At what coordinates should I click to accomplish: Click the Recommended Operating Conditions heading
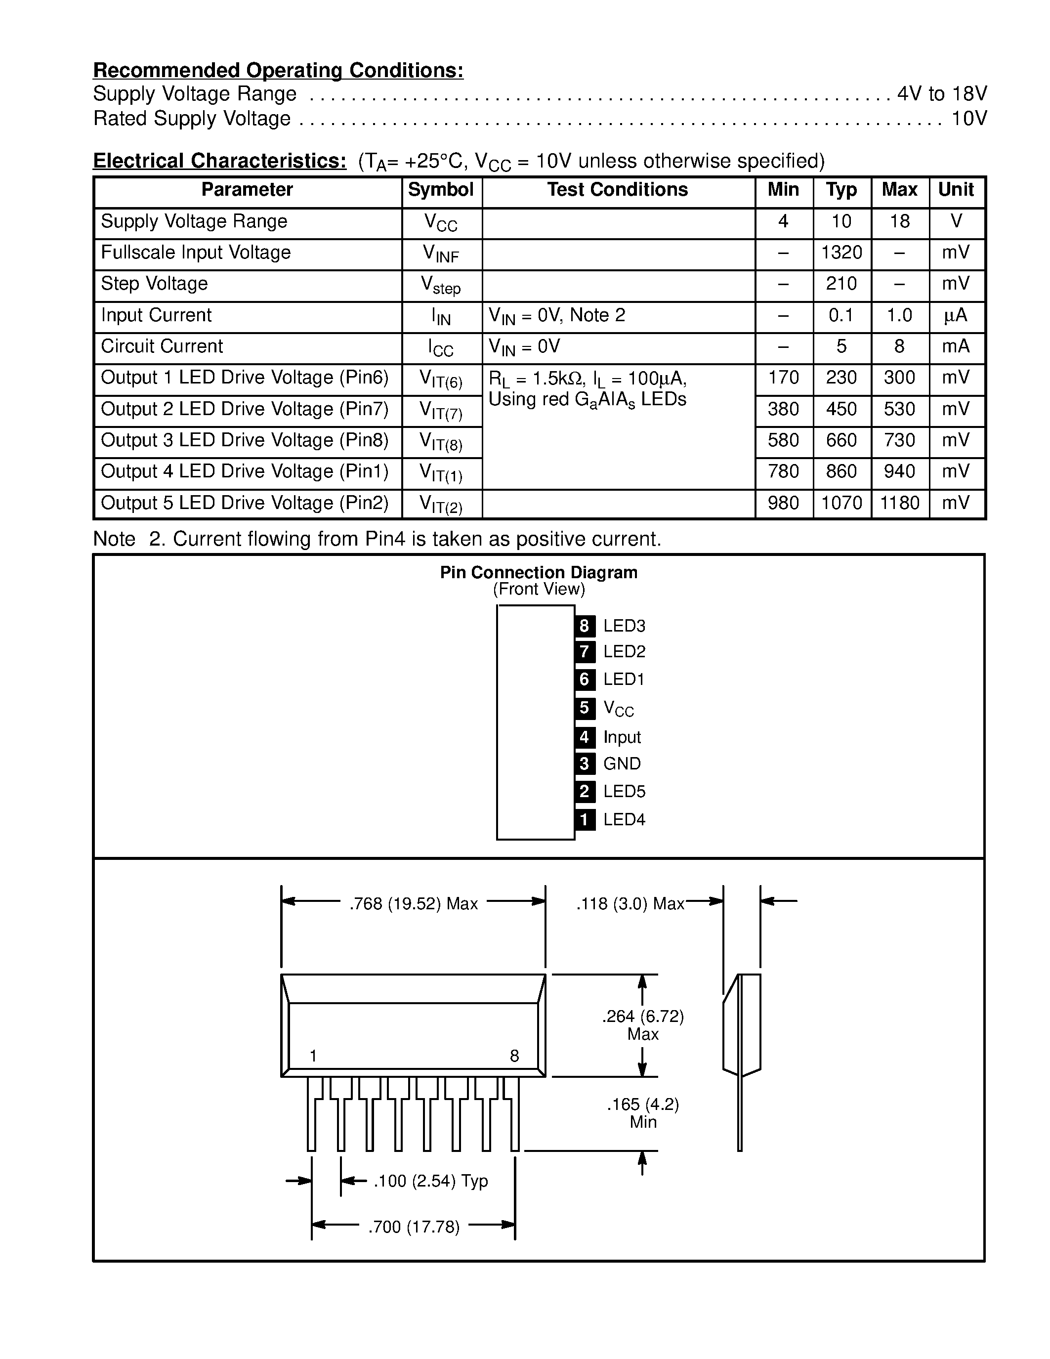(x=278, y=70)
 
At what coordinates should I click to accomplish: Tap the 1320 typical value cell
(x=841, y=253)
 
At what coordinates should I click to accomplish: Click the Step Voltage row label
(x=154, y=284)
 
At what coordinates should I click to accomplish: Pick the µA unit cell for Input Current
(x=956, y=315)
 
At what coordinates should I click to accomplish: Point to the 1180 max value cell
(x=899, y=503)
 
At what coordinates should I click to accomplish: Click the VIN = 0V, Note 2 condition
(x=557, y=315)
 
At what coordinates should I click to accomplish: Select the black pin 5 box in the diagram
(x=584, y=708)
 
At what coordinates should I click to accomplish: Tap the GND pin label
(x=622, y=764)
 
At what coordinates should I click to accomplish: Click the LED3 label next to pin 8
(x=624, y=625)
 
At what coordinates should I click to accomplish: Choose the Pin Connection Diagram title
(x=538, y=572)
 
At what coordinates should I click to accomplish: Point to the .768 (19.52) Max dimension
(x=413, y=903)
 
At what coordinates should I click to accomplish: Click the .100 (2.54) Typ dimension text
(x=430, y=1181)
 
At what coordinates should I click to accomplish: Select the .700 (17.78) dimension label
(x=414, y=1227)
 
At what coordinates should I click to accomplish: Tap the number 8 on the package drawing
(x=514, y=1056)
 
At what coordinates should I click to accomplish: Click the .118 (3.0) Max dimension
(x=630, y=903)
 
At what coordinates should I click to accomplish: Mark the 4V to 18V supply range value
(x=941, y=94)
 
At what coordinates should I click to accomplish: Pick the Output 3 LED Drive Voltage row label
(x=245, y=440)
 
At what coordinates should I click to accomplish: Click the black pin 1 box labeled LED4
(x=584, y=819)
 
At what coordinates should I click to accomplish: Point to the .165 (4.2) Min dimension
(x=642, y=1112)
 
